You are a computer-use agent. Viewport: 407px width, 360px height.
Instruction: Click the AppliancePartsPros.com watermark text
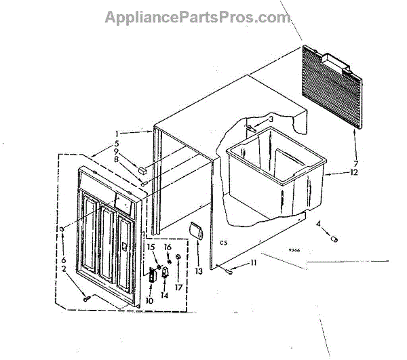coord(197,18)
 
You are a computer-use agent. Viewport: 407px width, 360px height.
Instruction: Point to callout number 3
coord(271,119)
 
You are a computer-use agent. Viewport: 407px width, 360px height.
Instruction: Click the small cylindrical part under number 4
coord(333,238)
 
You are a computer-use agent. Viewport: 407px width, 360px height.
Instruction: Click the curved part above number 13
coord(195,233)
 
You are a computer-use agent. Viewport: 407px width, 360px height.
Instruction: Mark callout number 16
coord(167,247)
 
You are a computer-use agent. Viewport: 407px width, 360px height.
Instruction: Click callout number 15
coord(151,247)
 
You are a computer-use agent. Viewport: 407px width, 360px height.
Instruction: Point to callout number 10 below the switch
coord(147,300)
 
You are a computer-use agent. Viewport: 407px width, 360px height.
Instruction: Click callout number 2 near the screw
coord(63,269)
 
